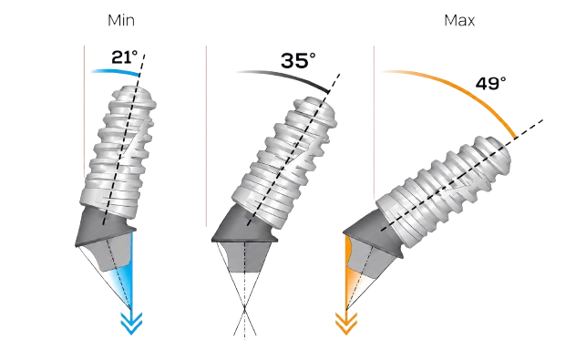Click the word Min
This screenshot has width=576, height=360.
pos(121,20)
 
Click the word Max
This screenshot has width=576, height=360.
pos(459,20)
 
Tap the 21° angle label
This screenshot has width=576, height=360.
pos(125,57)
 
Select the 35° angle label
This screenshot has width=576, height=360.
pos(298,60)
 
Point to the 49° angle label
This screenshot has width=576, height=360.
pos(490,83)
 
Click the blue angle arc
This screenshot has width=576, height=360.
pos(117,71)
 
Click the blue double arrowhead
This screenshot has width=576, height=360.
pos(131,324)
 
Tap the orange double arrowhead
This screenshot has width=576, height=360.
pos(346,324)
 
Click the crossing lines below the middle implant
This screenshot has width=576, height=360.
pos(244,308)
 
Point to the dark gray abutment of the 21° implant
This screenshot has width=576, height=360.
pos(104,229)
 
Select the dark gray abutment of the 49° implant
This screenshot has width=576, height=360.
pos(371,231)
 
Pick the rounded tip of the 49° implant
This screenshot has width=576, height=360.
pos(495,151)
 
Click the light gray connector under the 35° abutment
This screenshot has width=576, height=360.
pos(244,257)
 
